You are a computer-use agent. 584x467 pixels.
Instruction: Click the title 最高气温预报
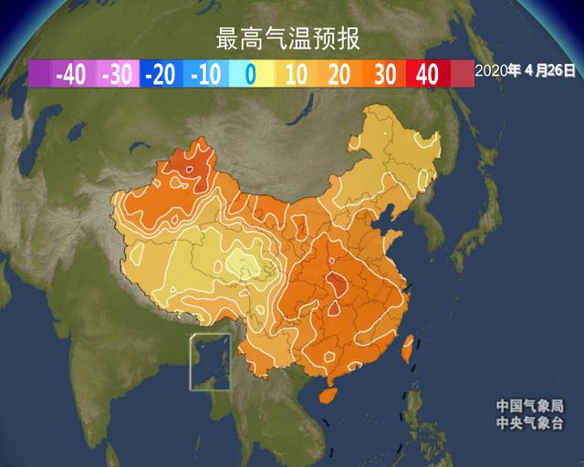[x=287, y=40]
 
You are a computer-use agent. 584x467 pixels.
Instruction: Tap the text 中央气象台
[x=529, y=423]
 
